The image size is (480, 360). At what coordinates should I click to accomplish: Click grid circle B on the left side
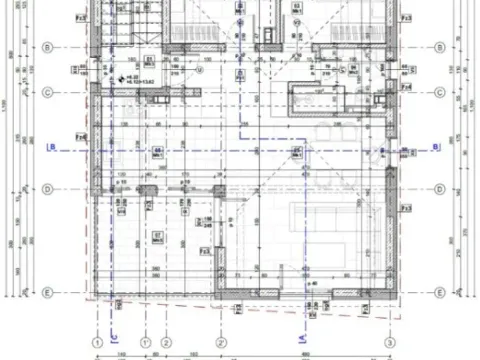(47, 46)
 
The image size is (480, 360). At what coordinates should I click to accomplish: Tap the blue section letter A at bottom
(302, 338)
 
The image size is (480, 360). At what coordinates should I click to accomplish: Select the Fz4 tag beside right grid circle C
(407, 88)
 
